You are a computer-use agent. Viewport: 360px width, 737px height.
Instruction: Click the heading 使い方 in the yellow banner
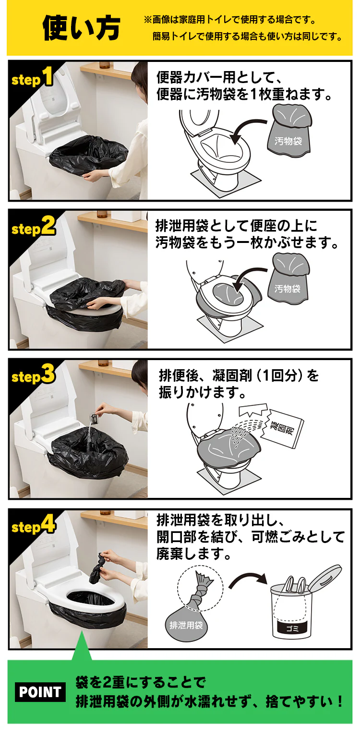(x=81, y=28)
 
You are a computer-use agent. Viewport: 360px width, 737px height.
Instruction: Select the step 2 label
(x=33, y=227)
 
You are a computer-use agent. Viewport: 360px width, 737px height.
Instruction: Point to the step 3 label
(x=33, y=375)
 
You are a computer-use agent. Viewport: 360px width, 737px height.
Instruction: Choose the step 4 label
(x=33, y=525)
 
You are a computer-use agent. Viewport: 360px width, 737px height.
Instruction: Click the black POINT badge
(x=40, y=692)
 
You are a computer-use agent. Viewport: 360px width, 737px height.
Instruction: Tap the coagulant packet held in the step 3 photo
(x=92, y=420)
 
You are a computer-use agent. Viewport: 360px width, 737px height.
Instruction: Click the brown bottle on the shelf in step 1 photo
(x=104, y=64)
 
